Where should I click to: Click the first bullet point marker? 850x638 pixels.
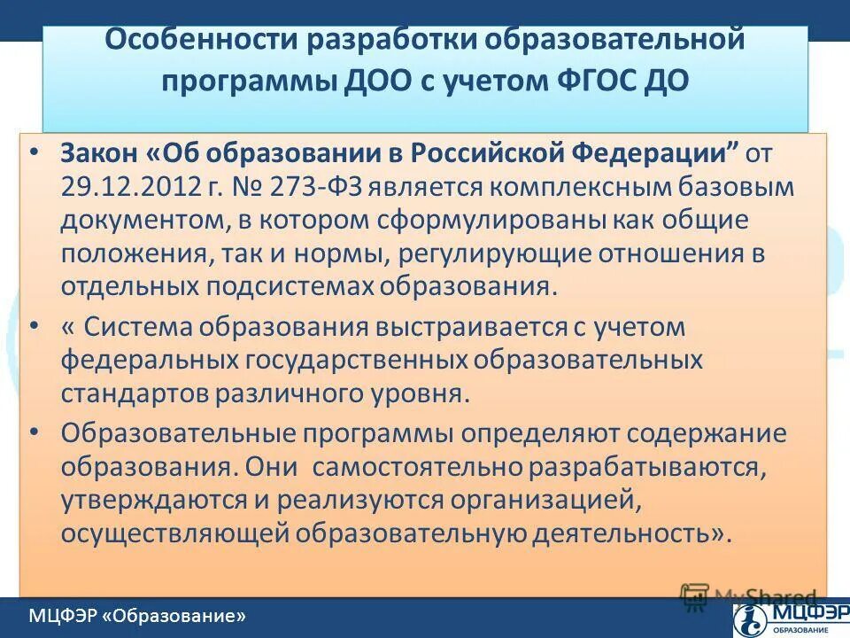click(x=34, y=152)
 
